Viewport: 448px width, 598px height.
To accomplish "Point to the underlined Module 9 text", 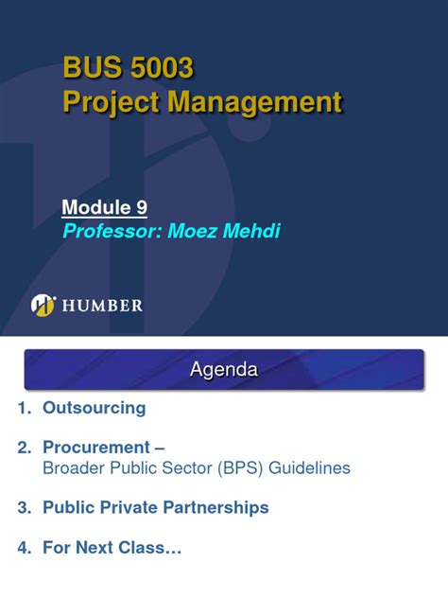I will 105,207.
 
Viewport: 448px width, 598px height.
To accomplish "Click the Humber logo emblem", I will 43,305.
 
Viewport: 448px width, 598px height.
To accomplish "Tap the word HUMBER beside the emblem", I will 102,306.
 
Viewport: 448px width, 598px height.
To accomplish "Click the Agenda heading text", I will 224,369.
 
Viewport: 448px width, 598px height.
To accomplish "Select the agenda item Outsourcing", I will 95,408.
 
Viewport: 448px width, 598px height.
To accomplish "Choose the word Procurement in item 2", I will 96,447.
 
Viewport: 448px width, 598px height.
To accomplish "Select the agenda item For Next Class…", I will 112,547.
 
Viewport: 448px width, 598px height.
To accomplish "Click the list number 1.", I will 22,408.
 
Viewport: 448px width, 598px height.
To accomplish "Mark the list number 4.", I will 22,547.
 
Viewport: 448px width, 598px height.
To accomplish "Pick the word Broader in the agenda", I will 73,467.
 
